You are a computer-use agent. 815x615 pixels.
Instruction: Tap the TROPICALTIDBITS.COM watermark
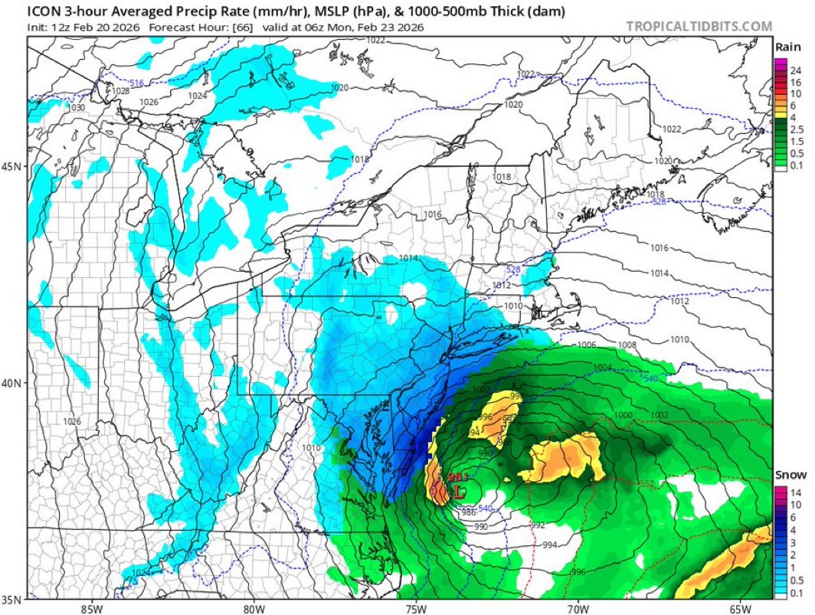pos(699,26)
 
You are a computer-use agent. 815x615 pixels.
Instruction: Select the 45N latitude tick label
pos(13,168)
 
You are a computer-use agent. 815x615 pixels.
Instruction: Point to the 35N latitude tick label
pos(13,599)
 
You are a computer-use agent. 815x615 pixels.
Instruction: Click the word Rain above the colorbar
pos(789,47)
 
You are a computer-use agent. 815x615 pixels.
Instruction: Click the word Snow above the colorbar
pos(789,474)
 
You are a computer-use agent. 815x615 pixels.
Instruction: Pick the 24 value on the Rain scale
pos(795,70)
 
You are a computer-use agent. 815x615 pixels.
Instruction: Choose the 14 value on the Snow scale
pos(795,493)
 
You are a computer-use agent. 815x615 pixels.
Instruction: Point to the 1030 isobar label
pos(77,108)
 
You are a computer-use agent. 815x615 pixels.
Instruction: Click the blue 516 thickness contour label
pos(136,83)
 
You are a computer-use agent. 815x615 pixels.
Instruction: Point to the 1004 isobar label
pos(602,368)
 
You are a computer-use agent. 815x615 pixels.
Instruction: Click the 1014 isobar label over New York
pos(408,258)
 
